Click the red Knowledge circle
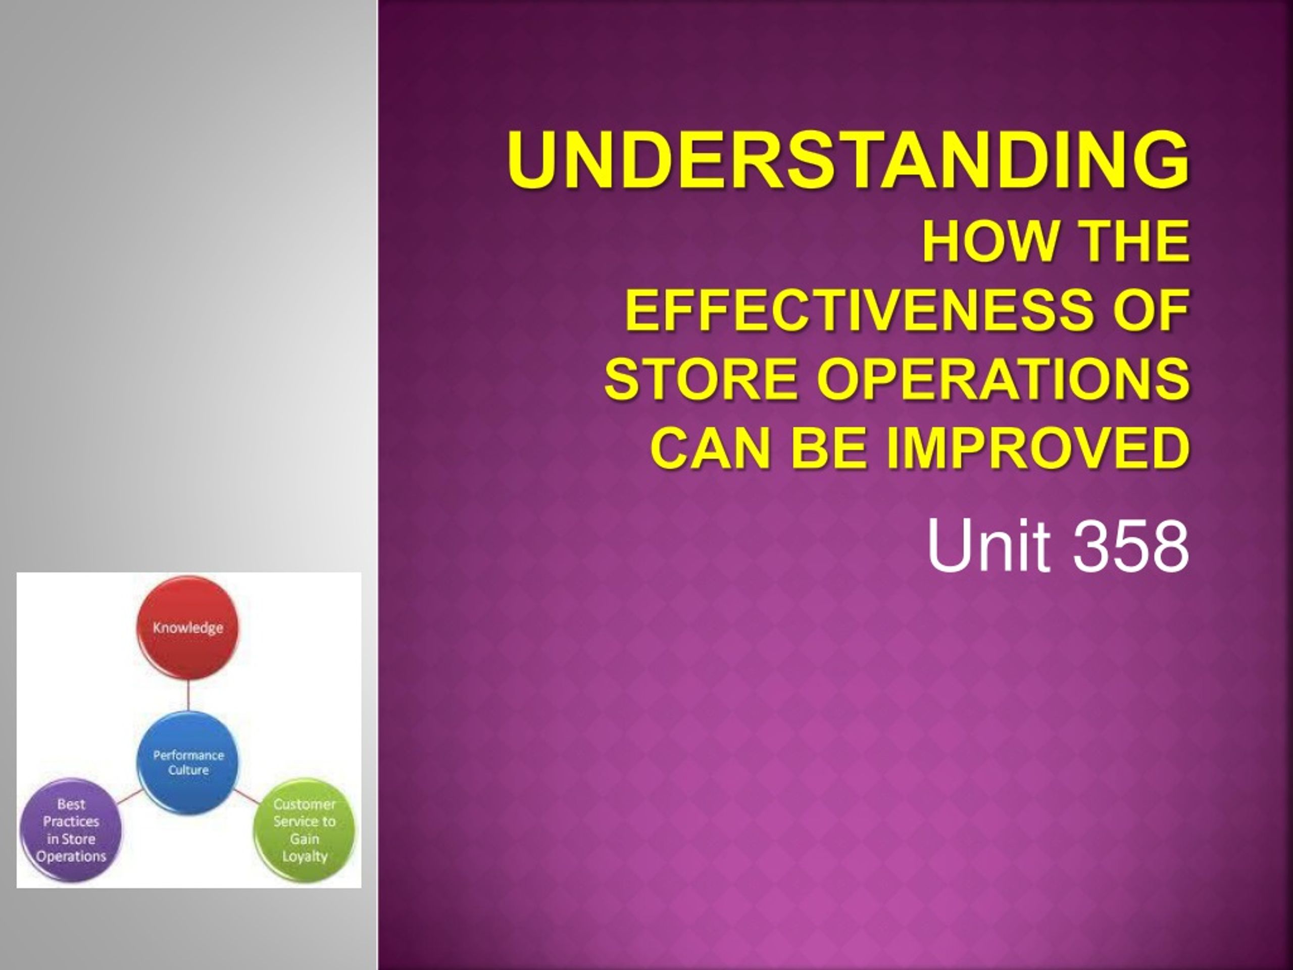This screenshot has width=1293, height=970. [x=188, y=628]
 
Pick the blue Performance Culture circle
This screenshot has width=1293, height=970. [x=188, y=762]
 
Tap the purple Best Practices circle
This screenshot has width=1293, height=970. [x=71, y=830]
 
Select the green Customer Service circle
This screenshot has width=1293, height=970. [x=305, y=830]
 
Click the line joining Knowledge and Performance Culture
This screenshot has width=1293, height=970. [x=188, y=696]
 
